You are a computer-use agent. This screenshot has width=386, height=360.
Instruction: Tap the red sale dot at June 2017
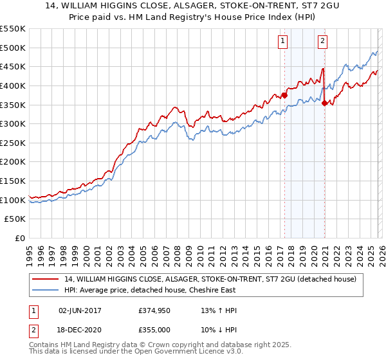click(x=284, y=96)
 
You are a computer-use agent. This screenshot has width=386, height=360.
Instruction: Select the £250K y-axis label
click(x=13, y=143)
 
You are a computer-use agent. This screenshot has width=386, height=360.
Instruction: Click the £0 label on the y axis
click(x=19, y=238)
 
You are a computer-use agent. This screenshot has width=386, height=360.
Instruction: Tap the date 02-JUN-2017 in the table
click(x=80, y=310)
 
